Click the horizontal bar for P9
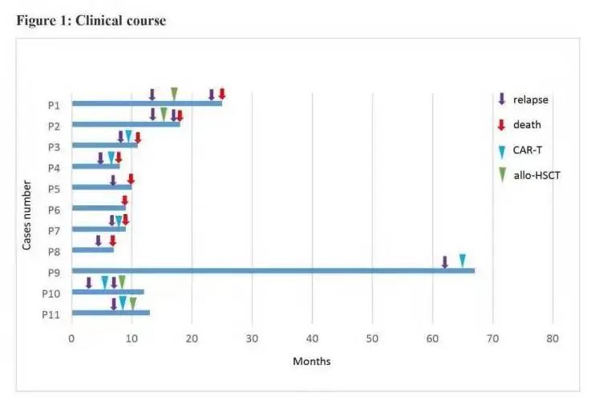(273, 270)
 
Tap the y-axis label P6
(54, 209)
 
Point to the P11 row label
(51, 314)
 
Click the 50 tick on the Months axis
(372, 339)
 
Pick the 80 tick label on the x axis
(552, 339)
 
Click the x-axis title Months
(311, 361)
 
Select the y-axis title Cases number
(27, 214)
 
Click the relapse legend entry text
(531, 100)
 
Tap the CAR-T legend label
(529, 150)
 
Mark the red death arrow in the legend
(501, 124)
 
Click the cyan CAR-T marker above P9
(463, 260)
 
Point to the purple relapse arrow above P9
(445, 261)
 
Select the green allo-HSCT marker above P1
(174, 94)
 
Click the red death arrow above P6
(124, 200)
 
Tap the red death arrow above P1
(222, 94)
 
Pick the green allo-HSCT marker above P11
(133, 303)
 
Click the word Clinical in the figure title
(103, 21)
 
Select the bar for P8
(93, 249)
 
